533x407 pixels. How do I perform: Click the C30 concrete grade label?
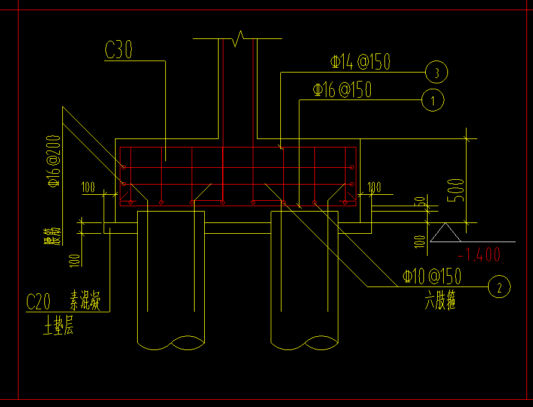118,50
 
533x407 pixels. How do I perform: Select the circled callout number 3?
437,73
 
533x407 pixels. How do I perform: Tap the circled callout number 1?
433,100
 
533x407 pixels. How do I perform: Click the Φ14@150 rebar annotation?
361,61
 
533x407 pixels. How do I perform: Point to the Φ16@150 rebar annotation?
342,90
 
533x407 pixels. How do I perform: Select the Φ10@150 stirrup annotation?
432,276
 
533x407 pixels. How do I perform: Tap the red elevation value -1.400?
478,254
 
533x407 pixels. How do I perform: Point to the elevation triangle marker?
444,233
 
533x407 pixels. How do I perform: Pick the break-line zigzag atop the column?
238,38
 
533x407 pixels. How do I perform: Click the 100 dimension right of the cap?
374,188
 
